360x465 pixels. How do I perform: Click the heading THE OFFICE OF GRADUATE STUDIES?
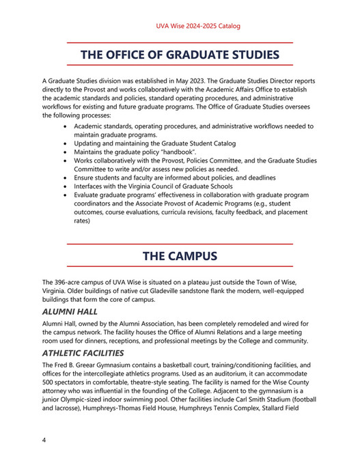(180, 54)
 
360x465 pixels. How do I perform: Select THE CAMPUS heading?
(180, 256)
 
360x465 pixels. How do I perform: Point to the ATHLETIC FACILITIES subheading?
(83, 353)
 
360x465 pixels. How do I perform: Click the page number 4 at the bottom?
(44, 440)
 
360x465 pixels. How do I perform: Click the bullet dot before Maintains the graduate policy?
(65, 152)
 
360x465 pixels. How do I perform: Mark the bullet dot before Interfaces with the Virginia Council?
(65, 186)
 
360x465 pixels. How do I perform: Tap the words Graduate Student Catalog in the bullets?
(194, 143)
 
